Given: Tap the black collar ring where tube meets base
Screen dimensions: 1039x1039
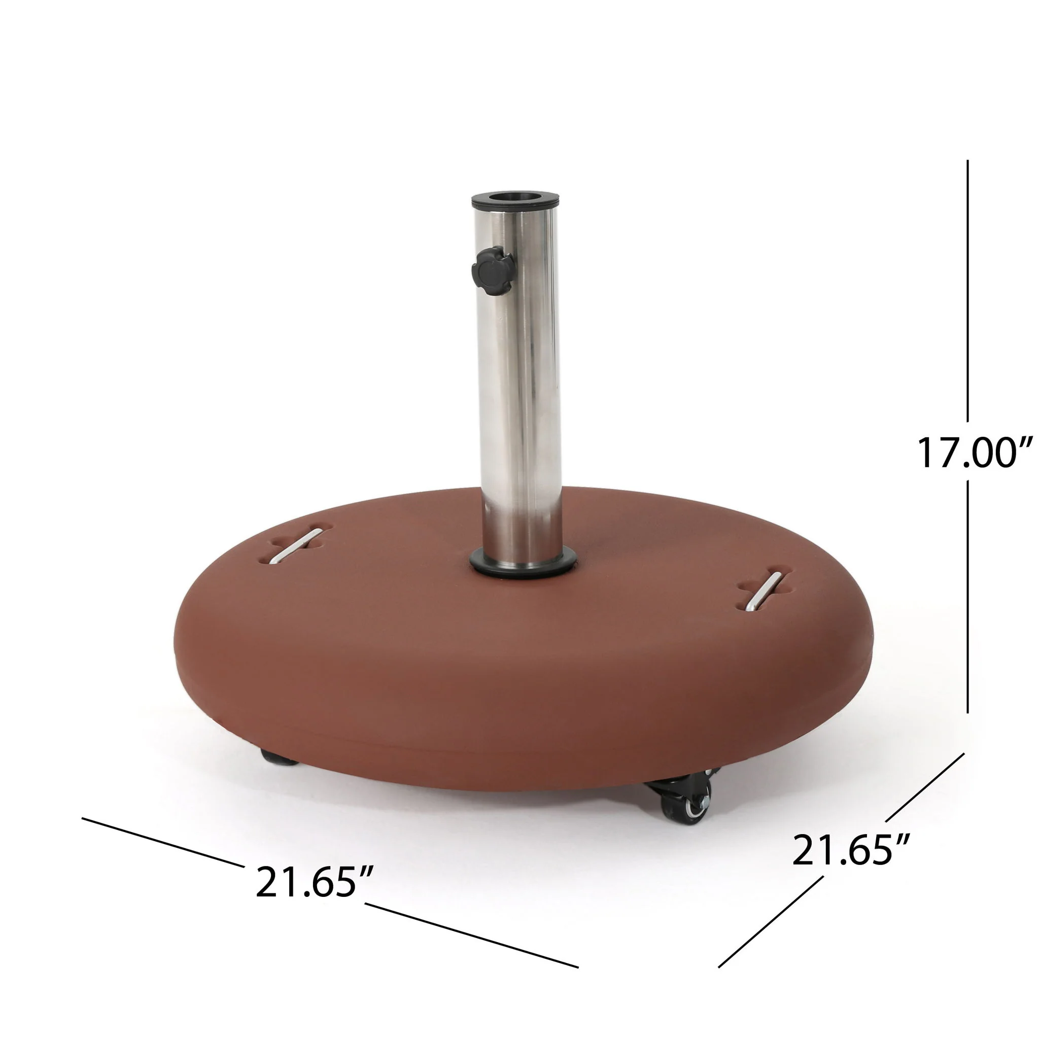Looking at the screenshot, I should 522,565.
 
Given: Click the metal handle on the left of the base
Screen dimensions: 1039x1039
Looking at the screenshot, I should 296,546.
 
